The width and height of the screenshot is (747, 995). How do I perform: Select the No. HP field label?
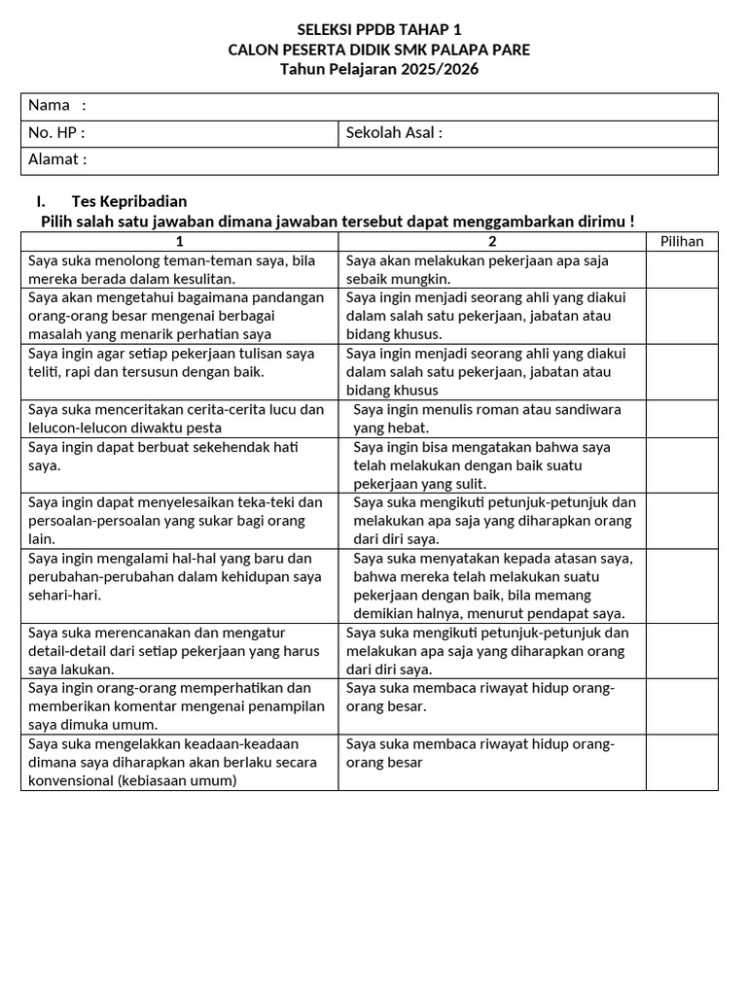[56, 132]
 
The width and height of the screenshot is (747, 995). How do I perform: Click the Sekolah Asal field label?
[394, 132]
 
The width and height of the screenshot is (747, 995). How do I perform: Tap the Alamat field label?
[57, 159]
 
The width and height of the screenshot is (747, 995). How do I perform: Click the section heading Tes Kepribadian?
[128, 201]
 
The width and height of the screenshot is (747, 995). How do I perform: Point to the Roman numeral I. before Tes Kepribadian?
[40, 201]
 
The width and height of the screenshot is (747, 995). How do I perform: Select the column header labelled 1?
[179, 241]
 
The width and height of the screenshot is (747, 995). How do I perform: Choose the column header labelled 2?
[492, 241]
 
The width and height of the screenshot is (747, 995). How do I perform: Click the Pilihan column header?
[682, 241]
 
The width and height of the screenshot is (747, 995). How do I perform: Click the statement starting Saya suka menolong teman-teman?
[172, 269]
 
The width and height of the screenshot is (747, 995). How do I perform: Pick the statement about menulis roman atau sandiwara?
[486, 418]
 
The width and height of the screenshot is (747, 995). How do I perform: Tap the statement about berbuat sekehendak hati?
[162, 456]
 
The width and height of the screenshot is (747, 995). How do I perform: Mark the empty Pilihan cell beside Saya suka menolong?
[682, 269]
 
